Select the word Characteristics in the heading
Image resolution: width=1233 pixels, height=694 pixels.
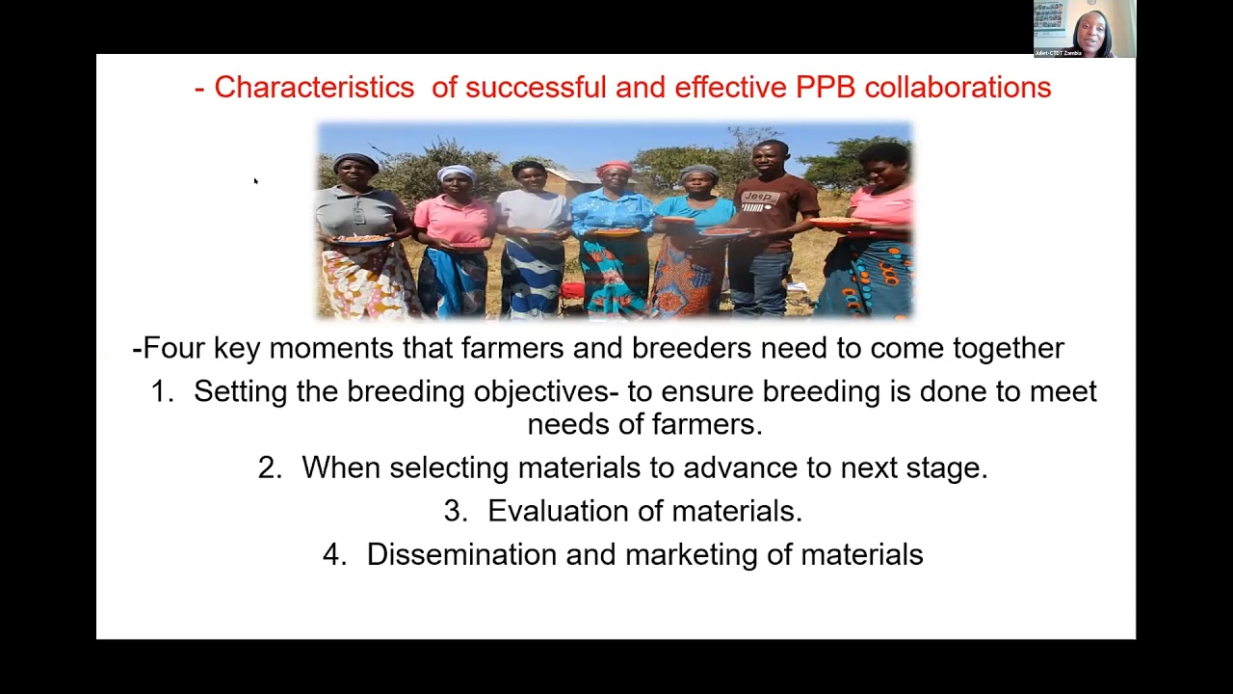[314, 88]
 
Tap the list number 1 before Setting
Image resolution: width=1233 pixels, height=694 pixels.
[161, 391]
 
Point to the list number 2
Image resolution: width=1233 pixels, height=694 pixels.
[270, 467]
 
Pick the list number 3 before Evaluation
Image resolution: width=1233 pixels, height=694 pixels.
[455, 511]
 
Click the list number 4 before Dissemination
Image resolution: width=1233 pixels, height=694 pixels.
[334, 554]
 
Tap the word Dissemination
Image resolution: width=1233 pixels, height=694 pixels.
[461, 554]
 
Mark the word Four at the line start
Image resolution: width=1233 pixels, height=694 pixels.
[174, 348]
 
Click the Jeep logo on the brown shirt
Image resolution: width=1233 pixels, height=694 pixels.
[761, 198]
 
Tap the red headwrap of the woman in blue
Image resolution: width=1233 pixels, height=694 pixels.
[614, 169]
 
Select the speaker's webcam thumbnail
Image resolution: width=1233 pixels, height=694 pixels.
[1085, 29]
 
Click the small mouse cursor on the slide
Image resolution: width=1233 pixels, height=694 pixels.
[255, 180]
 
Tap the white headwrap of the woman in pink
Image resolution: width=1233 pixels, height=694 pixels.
[456, 173]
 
